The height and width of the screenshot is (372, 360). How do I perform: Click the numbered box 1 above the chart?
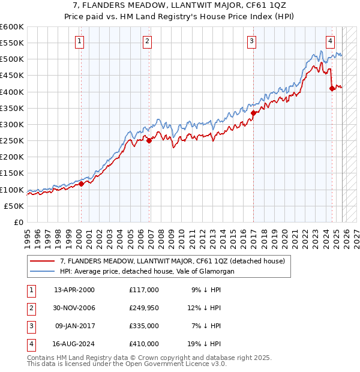[80, 41]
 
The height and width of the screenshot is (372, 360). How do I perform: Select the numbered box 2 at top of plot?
[147, 41]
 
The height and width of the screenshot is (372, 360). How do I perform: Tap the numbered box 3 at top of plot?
[251, 41]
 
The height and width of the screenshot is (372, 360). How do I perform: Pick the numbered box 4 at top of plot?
[330, 41]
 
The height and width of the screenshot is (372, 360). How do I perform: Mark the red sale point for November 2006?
[149, 141]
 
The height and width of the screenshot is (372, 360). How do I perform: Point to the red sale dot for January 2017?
[254, 113]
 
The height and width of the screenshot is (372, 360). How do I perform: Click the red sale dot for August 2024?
[332, 89]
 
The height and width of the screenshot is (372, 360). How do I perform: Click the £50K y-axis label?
[14, 206]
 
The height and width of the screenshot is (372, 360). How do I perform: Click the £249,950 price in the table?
[144, 308]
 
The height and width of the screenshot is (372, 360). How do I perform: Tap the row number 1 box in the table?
[31, 290]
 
